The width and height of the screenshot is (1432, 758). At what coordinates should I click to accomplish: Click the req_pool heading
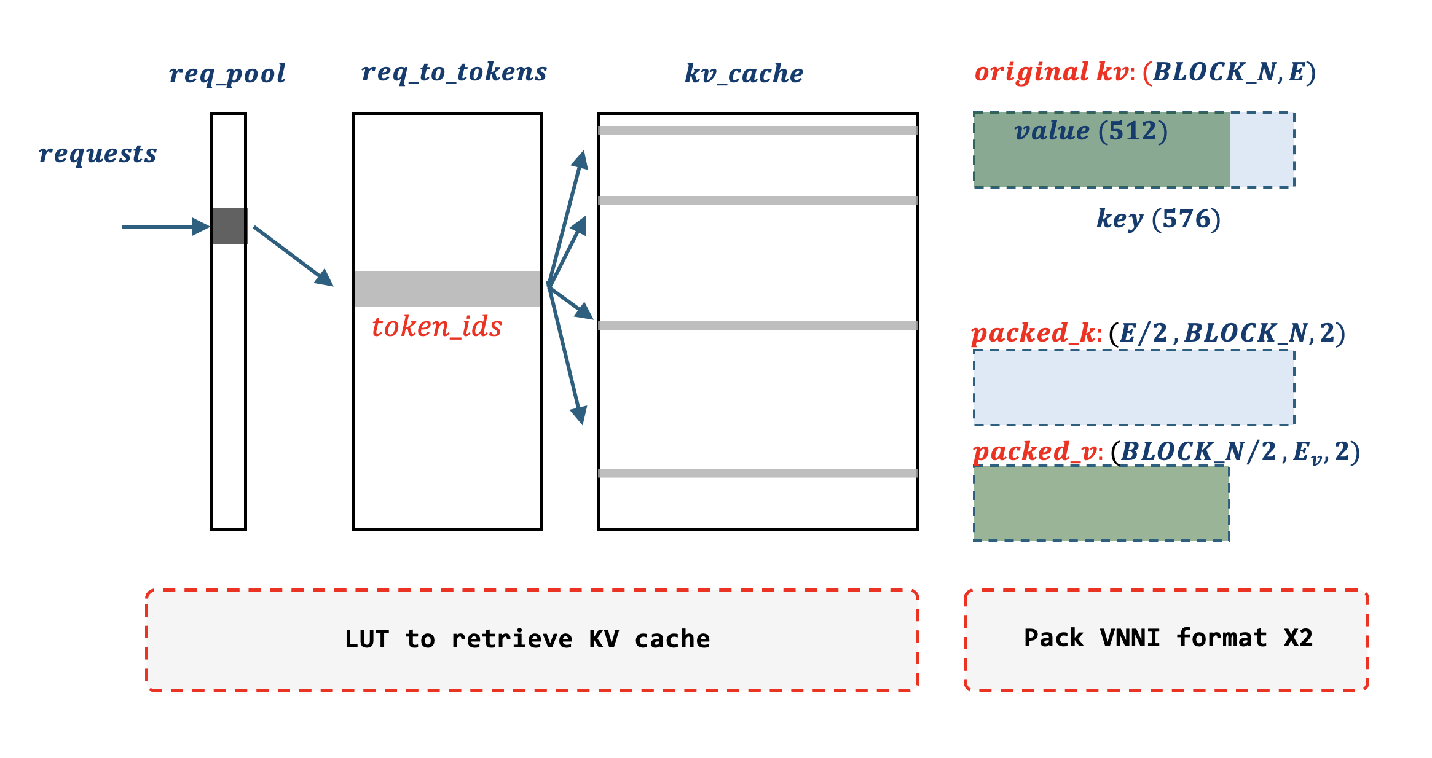pyautogui.click(x=227, y=74)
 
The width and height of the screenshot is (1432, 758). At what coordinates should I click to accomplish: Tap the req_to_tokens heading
pyautogui.click(x=454, y=72)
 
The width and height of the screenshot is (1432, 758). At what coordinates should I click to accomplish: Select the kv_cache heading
pyautogui.click(x=744, y=74)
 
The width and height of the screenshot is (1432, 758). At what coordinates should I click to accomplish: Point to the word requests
pyautogui.click(x=98, y=154)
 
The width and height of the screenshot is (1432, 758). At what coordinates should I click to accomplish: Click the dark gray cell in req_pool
pyautogui.click(x=229, y=226)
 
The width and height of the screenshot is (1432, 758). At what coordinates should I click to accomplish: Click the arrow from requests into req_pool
pyautogui.click(x=163, y=227)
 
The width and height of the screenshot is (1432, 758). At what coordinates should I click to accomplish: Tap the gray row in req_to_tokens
pyautogui.click(x=447, y=288)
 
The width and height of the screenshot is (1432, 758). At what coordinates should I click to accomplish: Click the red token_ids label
pyautogui.click(x=436, y=327)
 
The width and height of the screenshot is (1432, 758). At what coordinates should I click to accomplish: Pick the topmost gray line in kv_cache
pyautogui.click(x=757, y=130)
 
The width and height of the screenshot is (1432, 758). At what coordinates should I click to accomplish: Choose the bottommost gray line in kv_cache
pyautogui.click(x=757, y=473)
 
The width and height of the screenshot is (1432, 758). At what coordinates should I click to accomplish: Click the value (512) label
pyautogui.click(x=1091, y=131)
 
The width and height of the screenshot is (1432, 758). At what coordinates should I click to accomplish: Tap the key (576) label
pyautogui.click(x=1158, y=219)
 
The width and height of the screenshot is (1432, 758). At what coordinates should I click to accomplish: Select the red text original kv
pyautogui.click(x=1052, y=72)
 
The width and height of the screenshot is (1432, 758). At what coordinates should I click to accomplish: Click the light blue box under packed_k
pyautogui.click(x=1134, y=388)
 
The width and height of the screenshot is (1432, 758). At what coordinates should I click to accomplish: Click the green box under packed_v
pyautogui.click(x=1101, y=503)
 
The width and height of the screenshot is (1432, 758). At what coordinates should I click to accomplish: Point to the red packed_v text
pyautogui.click(x=1035, y=452)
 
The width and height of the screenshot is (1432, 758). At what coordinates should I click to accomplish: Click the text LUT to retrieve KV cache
pyautogui.click(x=527, y=639)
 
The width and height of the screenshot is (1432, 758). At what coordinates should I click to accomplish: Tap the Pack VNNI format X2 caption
pyautogui.click(x=1168, y=638)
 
